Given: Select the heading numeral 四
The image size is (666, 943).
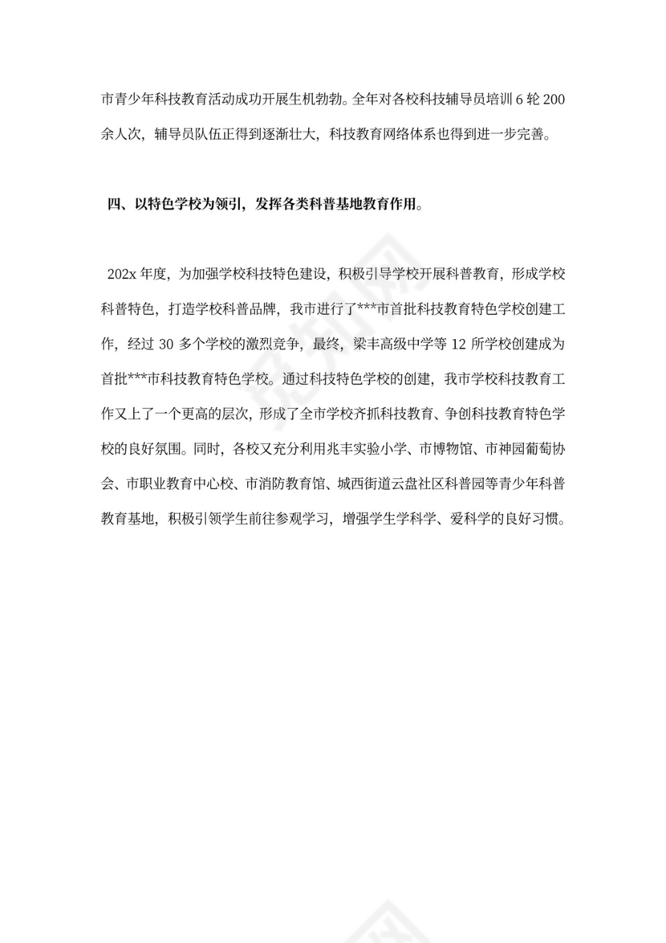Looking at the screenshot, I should tap(113, 205).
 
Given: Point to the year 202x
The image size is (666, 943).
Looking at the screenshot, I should tap(120, 274).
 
